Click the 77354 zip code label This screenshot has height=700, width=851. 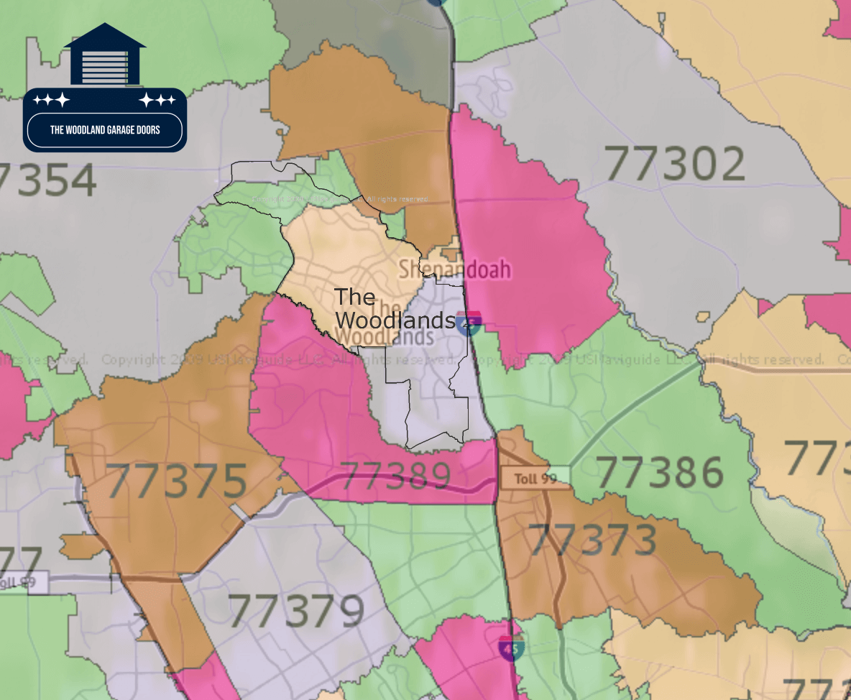point(47,180)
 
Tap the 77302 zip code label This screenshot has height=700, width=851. point(674,164)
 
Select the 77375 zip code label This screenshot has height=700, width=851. point(177,481)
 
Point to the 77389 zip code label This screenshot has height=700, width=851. point(395,476)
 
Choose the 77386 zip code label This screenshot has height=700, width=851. point(660,472)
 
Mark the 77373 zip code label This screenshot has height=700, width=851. point(592,540)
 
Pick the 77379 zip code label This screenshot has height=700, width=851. point(295,612)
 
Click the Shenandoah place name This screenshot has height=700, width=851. point(455,270)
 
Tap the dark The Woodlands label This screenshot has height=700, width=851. point(395,309)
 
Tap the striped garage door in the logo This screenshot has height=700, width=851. point(105,67)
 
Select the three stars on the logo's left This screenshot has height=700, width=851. point(52,100)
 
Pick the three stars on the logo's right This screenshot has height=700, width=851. point(157,100)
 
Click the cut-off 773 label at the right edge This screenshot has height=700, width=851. point(816,457)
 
